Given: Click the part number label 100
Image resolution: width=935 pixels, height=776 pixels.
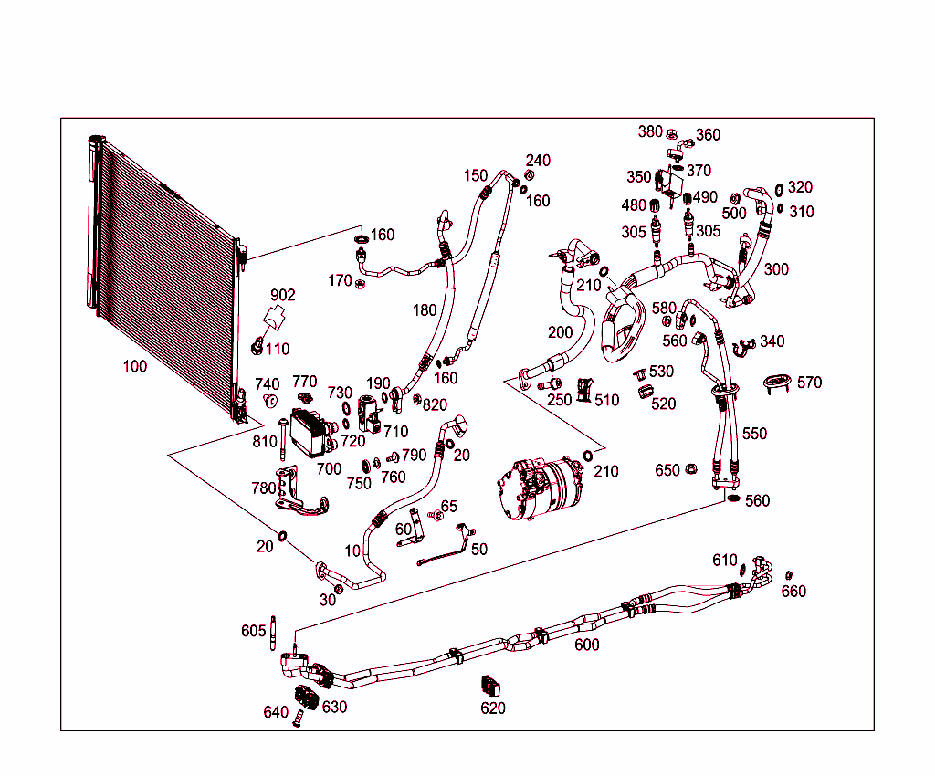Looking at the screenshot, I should (134, 366).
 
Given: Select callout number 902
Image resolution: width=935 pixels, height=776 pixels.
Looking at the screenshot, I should (283, 295).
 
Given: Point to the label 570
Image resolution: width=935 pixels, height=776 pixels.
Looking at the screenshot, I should (809, 383).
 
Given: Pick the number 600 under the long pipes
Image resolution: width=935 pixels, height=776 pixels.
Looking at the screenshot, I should (586, 645).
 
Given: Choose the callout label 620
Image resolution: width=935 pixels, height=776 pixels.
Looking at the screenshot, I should (492, 708).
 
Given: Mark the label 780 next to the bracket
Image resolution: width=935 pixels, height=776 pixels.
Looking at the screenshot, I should (263, 488).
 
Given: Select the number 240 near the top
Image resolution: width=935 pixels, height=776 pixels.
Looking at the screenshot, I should (538, 161).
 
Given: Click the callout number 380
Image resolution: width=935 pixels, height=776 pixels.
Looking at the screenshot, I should (650, 131).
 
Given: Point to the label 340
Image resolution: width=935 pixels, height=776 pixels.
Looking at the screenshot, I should (772, 341).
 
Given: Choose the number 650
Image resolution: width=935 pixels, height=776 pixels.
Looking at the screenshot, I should (667, 470).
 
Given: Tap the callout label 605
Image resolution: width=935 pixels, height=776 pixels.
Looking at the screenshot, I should (254, 631).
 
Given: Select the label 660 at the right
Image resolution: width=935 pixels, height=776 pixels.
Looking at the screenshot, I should (793, 591).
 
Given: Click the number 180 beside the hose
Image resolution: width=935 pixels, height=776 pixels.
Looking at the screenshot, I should (425, 310).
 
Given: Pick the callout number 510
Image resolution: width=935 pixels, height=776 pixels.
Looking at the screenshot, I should (606, 400).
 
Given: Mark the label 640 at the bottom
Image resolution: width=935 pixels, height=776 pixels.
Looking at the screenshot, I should (276, 712).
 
